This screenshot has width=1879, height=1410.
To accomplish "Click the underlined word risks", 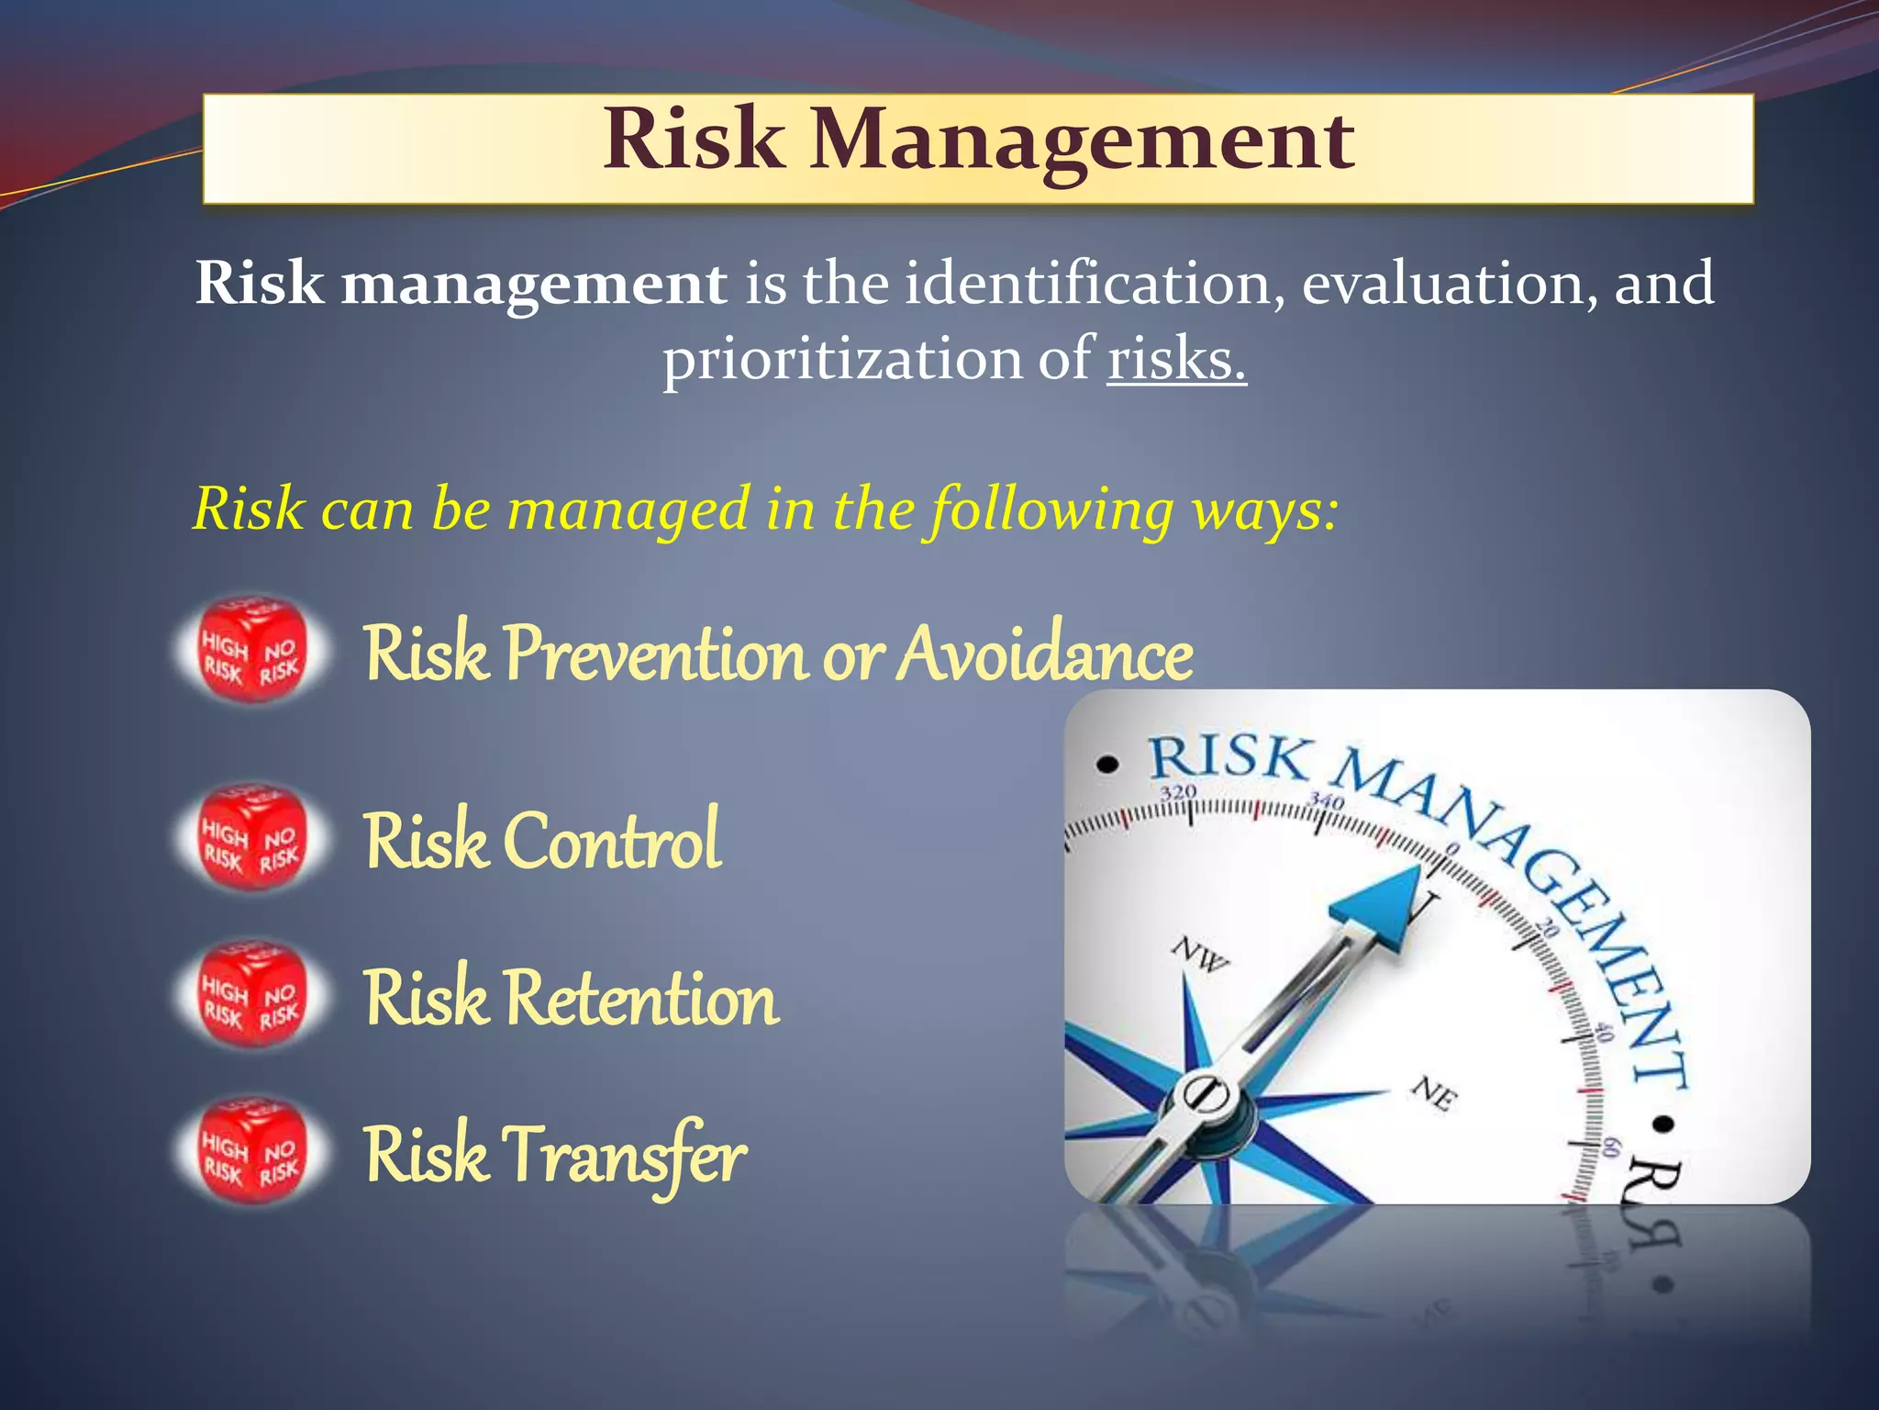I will click(1176, 359).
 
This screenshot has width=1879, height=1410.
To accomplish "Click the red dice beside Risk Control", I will click(251, 838).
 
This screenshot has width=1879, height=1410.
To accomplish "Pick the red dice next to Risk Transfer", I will click(251, 1149).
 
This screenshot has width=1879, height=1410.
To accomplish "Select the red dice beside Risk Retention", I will click(251, 994).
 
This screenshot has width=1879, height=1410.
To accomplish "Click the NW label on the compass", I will click(1201, 956).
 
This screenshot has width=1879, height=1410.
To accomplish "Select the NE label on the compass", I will click(1434, 1092).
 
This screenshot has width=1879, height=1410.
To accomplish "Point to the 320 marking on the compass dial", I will click(1178, 792).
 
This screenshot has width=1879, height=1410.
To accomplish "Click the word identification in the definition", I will click(1094, 283).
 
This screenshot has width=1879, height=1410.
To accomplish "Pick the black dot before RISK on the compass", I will click(1109, 764).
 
